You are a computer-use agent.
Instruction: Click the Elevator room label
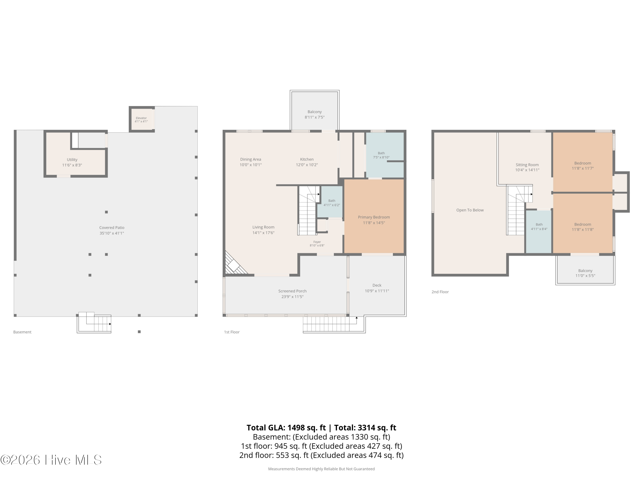[141, 118]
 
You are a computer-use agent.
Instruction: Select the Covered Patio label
[112, 228]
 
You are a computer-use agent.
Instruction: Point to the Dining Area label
[251, 159]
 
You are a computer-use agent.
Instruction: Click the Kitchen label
[307, 159]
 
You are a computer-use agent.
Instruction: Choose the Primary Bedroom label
[374, 217]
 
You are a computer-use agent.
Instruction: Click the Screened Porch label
[292, 291]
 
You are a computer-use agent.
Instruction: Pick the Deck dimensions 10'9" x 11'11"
[377, 291]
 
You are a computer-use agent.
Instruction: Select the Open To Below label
[470, 210]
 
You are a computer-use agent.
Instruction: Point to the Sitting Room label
[527, 165]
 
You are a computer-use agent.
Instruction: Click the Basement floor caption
[22, 332]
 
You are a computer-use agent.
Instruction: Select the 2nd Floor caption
[440, 292]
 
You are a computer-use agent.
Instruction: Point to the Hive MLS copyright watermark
[51, 460]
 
